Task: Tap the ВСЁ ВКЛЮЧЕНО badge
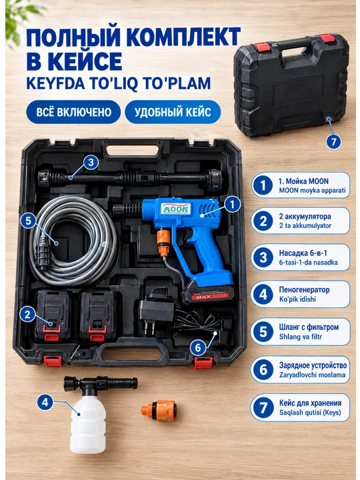[x=73, y=112]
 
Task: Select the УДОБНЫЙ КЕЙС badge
[x=173, y=112]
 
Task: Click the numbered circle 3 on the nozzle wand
[x=91, y=163]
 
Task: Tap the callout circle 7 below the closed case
[x=333, y=141]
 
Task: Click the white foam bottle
[x=88, y=427]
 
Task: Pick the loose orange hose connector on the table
[x=159, y=410]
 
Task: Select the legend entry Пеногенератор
[x=300, y=294]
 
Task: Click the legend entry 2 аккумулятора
[x=300, y=221]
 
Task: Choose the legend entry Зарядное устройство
[x=300, y=369]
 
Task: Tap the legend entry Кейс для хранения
[x=300, y=407]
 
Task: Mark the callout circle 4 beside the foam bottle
[x=45, y=402]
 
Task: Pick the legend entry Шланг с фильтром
[x=300, y=332]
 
